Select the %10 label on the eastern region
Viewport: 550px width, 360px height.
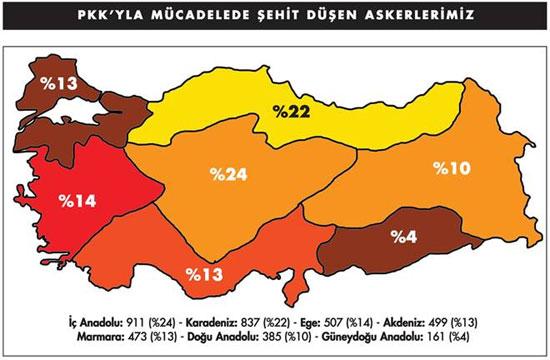pos(451,168)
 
